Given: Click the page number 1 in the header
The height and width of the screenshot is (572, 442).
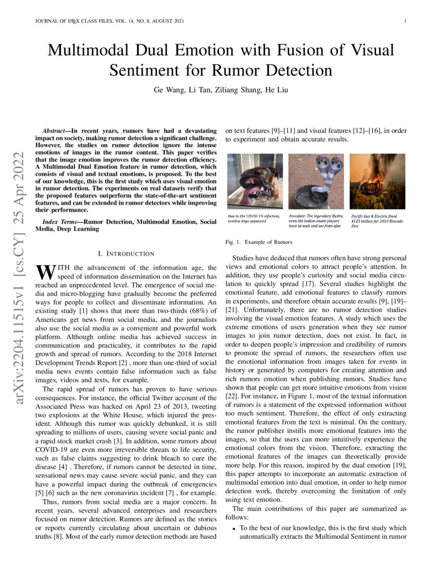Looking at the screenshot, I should pyautogui.click(x=404, y=21).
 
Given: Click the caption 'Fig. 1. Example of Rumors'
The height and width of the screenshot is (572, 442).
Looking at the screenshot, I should pyautogui.click(x=258, y=242).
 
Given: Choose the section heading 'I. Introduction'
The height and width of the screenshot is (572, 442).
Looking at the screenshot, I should pyautogui.click(x=126, y=253).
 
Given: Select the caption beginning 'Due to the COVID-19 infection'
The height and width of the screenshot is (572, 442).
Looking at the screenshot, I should pyautogui.click(x=254, y=218).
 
